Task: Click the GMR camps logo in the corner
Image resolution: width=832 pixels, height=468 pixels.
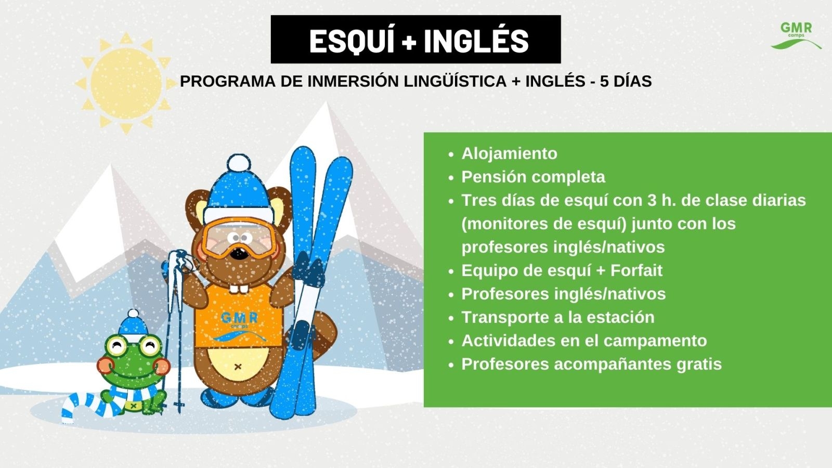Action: [796, 36]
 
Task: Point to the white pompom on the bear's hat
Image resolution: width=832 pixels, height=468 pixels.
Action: [238, 163]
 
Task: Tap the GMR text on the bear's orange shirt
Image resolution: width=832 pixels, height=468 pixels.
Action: [239, 318]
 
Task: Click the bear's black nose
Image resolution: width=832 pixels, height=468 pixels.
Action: [239, 254]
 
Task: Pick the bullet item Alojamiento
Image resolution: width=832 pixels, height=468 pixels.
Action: [509, 153]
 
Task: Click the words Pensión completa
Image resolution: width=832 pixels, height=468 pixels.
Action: [534, 177]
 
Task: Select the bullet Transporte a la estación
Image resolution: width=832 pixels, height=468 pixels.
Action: [558, 317]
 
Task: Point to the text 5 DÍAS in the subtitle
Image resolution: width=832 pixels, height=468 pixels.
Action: [626, 81]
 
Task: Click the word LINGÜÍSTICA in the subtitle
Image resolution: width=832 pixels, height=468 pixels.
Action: [456, 81]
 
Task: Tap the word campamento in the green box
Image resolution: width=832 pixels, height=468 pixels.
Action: [655, 341]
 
